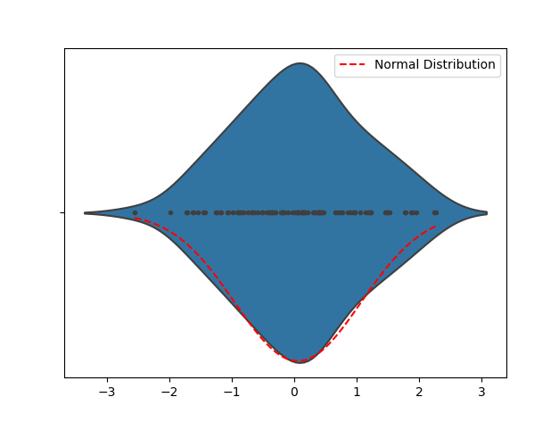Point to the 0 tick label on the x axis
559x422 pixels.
point(294,393)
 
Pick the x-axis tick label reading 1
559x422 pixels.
point(357,393)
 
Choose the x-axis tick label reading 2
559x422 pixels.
point(419,393)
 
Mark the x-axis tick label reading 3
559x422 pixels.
point(481,393)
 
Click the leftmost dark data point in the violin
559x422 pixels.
point(135,212)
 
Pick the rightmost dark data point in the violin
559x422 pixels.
point(435,212)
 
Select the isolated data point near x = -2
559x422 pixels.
point(170,212)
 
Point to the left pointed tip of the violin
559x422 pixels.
point(85,212)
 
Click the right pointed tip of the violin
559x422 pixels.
point(487,212)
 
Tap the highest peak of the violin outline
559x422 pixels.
point(300,63)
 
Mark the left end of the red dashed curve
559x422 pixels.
point(135,217)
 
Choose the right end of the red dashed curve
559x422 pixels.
point(436,227)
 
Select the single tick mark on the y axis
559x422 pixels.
point(62,212)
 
